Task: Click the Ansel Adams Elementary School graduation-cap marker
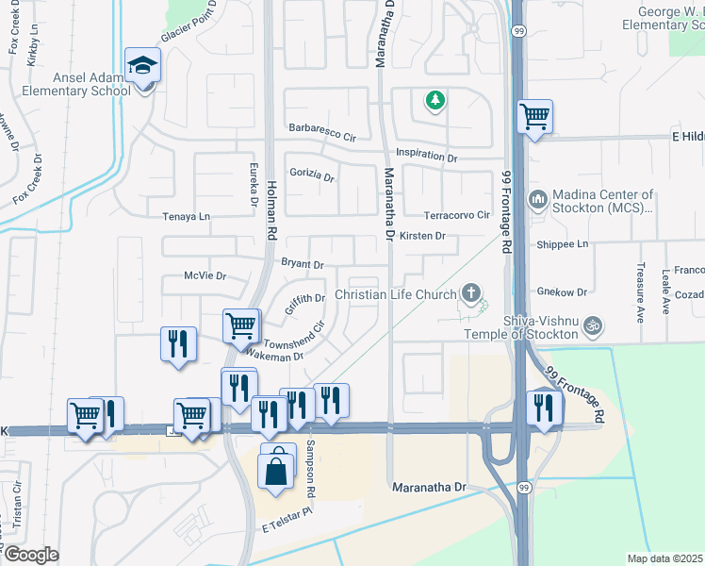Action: click(x=143, y=65)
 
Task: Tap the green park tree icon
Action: click(x=434, y=99)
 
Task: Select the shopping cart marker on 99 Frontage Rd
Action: click(x=534, y=117)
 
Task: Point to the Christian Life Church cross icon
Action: click(x=471, y=294)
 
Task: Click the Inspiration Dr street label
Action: click(x=426, y=155)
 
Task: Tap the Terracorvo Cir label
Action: click(x=458, y=215)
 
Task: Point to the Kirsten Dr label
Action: click(x=421, y=236)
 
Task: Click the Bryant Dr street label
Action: click(x=302, y=264)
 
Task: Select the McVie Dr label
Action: click(x=205, y=276)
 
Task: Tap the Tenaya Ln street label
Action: click(x=186, y=216)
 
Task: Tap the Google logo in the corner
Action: click(x=31, y=555)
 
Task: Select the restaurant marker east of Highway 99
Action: click(x=545, y=406)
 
